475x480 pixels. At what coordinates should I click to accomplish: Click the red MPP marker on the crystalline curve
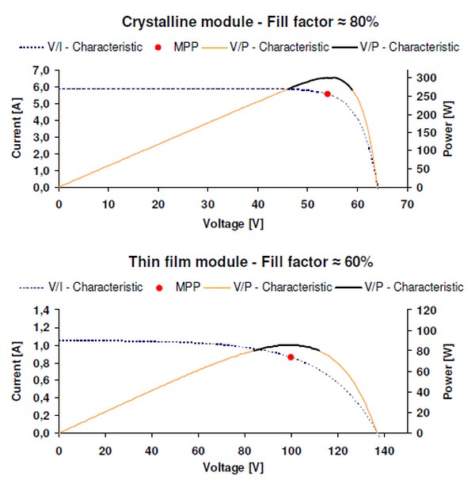(x=327, y=93)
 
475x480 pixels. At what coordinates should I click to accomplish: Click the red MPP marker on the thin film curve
(x=291, y=357)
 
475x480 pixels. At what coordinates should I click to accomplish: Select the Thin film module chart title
(x=237, y=261)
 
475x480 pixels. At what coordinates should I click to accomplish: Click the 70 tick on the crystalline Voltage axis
(x=408, y=204)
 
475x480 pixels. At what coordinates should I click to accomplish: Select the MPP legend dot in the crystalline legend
(x=158, y=48)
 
